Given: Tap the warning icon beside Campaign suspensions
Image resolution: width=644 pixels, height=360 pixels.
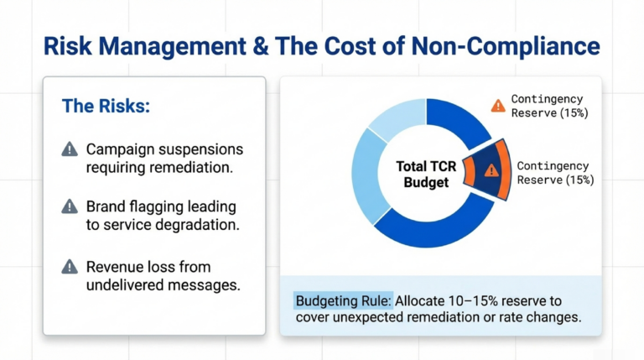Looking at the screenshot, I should [70, 149].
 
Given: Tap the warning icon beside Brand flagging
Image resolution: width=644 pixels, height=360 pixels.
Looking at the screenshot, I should [70, 206].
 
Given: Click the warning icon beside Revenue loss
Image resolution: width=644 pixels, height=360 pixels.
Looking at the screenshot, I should [70, 267].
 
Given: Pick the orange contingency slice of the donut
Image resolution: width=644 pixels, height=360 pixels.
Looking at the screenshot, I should [489, 170].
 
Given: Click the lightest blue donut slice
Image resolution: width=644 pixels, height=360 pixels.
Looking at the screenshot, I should [390, 122].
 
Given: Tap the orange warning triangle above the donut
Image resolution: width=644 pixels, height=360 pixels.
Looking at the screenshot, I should [498, 105].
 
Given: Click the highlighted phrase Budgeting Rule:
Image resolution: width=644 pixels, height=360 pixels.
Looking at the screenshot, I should [342, 300].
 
